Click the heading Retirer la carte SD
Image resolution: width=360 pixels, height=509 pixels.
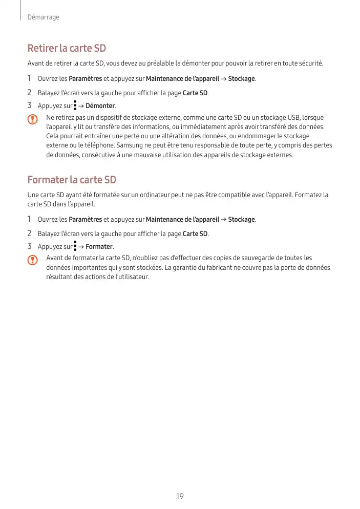point(67,49)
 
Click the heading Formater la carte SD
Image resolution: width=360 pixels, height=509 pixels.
point(72,180)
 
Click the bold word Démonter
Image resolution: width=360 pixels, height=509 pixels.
point(100,106)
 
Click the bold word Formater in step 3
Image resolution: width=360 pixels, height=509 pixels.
point(99,247)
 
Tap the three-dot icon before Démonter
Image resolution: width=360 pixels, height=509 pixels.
point(75,105)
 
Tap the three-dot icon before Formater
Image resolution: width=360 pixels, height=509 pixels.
point(75,246)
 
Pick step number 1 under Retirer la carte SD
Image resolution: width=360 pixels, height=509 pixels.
point(30,78)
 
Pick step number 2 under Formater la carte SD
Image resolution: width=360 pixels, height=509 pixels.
point(30,234)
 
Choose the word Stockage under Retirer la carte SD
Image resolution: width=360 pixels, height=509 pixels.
point(241,79)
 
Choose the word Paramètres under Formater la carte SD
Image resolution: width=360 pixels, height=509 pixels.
point(85,220)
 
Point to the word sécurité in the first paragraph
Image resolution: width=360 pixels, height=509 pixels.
point(309,63)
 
